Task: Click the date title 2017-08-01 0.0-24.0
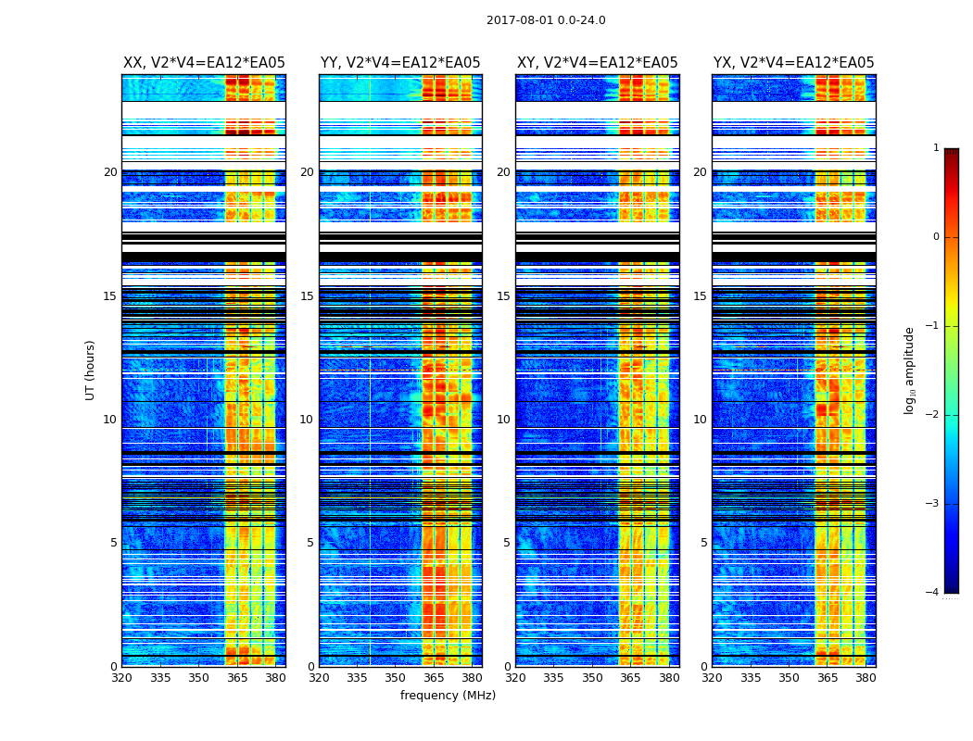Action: click(546, 20)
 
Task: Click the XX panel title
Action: click(204, 63)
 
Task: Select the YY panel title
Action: click(400, 63)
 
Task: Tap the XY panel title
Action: click(598, 63)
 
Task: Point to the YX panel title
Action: click(794, 63)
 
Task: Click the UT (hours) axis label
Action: click(90, 370)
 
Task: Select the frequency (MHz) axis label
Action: click(448, 696)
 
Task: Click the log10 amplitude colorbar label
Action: click(910, 370)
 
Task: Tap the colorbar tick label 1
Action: click(936, 148)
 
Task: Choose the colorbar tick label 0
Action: click(936, 237)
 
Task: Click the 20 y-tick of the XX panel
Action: click(110, 172)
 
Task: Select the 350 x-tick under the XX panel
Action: click(198, 678)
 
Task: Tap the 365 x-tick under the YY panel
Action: click(434, 678)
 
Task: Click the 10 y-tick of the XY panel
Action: click(504, 420)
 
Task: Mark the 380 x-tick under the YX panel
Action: click(866, 678)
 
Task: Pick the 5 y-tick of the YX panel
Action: click(703, 543)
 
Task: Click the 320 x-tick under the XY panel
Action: click(515, 678)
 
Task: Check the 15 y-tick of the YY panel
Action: click(308, 296)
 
